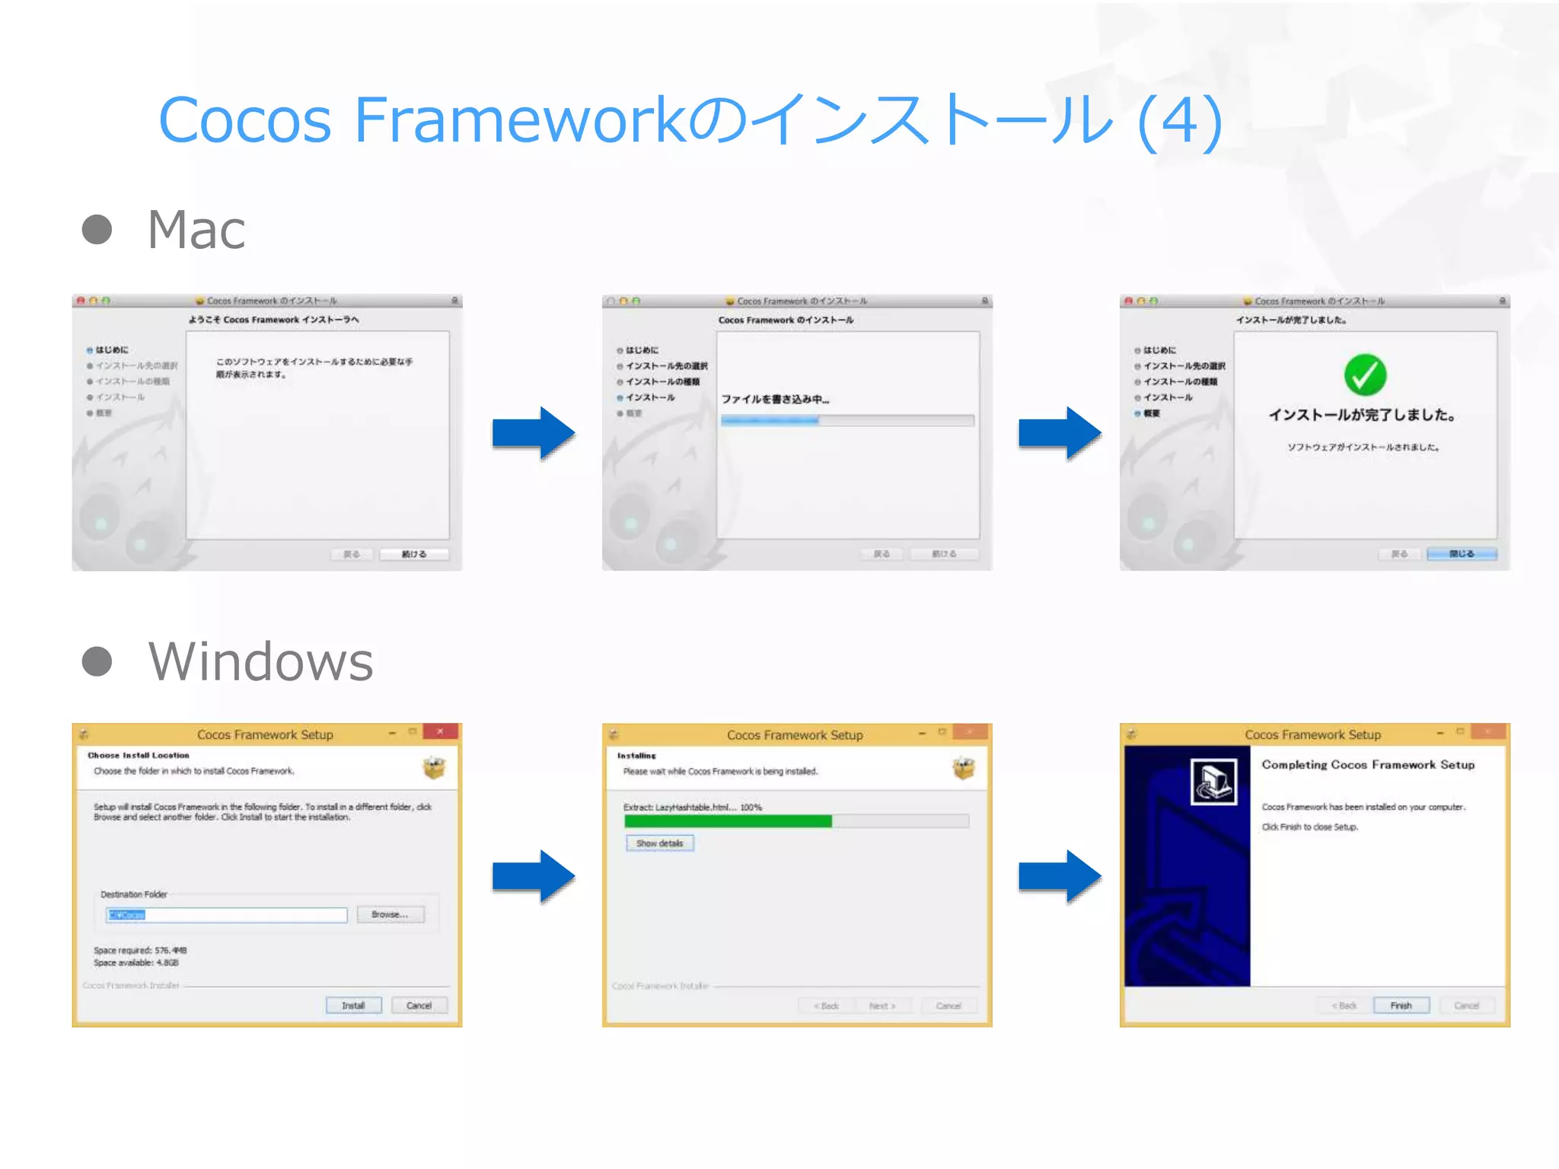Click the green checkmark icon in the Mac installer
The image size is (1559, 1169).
tap(1365, 375)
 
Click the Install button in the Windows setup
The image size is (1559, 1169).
tap(353, 1005)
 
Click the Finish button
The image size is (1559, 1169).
tap(1401, 1005)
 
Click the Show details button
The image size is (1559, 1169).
tap(660, 843)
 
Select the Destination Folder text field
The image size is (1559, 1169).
tap(227, 915)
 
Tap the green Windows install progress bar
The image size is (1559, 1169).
tap(728, 821)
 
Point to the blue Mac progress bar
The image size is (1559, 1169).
tap(770, 420)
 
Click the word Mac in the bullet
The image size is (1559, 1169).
tap(196, 230)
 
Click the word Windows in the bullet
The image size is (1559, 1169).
tap(261, 661)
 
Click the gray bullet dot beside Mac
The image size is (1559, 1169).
tap(97, 230)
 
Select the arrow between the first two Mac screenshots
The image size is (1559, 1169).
tap(533, 433)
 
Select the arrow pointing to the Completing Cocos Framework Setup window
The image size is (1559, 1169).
tap(1060, 877)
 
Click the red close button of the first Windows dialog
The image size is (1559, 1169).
tap(440, 732)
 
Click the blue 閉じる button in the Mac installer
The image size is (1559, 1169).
tap(1462, 554)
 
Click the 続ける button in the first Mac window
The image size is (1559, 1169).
tap(413, 554)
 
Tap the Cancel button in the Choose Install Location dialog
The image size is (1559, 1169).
tap(419, 1005)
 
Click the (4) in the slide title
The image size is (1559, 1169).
tap(1180, 120)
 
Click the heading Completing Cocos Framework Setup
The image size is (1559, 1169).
tap(1368, 765)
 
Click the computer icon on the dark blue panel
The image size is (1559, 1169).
tap(1213, 782)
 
